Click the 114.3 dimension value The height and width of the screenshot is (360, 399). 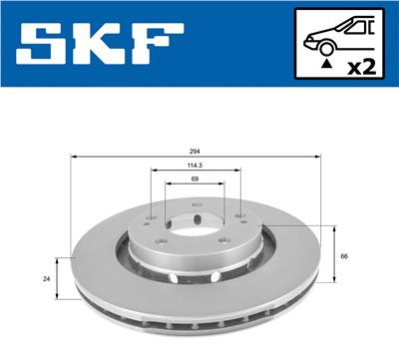195,166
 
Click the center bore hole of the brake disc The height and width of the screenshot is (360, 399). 196,227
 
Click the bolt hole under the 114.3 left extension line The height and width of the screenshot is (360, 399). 151,221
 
